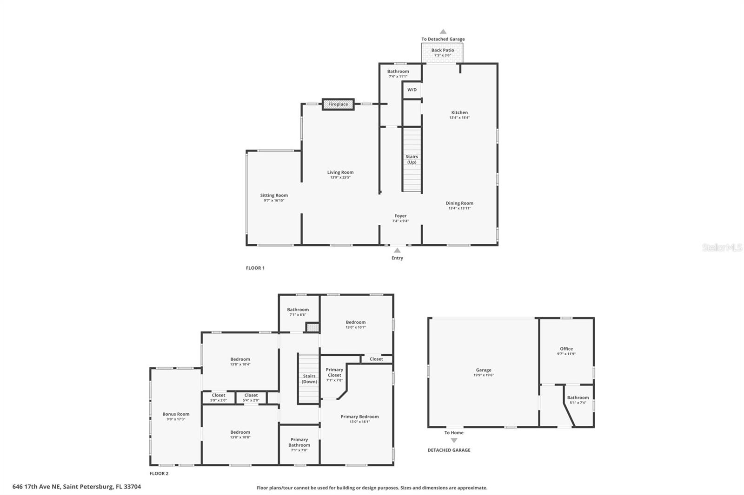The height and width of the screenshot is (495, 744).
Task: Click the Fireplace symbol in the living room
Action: point(338,104)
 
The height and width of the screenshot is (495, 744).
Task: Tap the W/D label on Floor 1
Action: point(412,90)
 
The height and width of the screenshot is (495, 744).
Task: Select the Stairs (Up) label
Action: point(412,159)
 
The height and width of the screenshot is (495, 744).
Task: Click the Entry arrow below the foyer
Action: point(397,250)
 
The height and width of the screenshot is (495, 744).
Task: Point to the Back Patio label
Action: point(442,50)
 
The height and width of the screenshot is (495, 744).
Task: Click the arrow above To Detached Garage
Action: point(443,32)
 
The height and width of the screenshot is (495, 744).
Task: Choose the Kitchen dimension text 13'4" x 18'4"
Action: point(459,118)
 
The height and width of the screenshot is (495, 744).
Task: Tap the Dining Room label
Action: point(459,203)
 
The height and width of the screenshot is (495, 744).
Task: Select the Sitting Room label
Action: point(274,195)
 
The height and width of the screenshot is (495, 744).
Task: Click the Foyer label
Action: point(400,216)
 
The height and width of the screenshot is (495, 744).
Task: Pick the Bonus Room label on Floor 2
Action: point(176,414)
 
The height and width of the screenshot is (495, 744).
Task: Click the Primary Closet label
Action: point(334,372)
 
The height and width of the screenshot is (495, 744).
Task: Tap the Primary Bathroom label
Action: point(299,442)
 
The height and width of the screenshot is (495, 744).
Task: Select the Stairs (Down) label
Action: point(309,379)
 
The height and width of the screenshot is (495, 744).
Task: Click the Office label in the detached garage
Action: point(566,349)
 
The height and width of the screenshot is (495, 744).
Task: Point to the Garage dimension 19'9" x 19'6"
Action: point(484,375)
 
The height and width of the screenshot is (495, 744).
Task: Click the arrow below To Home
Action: point(454,441)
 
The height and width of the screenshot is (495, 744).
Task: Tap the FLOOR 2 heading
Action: point(159,474)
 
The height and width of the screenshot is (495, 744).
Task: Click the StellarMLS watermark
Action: point(722,247)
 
